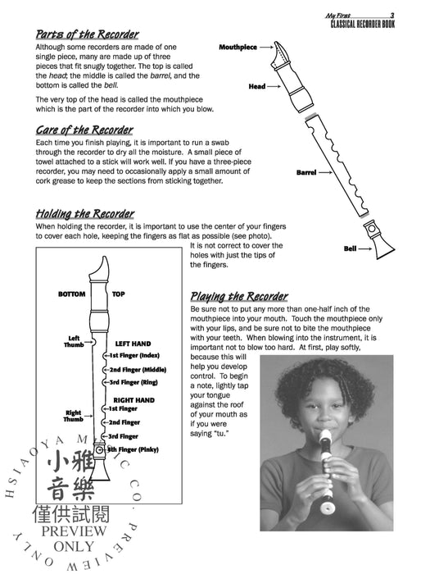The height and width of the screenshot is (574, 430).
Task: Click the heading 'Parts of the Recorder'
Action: tap(87, 34)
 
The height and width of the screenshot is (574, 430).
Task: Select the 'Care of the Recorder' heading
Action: tap(84, 130)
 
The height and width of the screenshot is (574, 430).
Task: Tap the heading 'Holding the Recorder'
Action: tap(85, 214)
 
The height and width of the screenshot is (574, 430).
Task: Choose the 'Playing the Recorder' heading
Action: tap(239, 297)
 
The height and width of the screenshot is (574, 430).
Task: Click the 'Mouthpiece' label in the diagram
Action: tap(238, 48)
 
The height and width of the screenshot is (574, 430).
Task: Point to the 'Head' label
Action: tap(257, 86)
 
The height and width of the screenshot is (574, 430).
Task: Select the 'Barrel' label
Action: tap(306, 172)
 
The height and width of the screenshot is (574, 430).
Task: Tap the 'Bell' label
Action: tap(350, 248)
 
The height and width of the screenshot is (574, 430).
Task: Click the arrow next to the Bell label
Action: tap(365, 249)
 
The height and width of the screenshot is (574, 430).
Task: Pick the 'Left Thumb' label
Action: tap(74, 342)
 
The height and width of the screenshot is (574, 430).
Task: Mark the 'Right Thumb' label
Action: tap(73, 416)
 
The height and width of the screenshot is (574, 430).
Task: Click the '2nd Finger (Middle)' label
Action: tap(138, 370)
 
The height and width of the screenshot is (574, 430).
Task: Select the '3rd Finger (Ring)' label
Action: tap(134, 383)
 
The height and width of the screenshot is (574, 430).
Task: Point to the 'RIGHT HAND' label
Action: tap(134, 400)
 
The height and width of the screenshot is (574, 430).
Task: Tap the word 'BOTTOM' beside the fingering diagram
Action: tap(72, 294)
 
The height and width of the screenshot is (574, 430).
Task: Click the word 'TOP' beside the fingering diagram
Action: tap(119, 294)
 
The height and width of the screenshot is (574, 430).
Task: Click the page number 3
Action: tap(392, 16)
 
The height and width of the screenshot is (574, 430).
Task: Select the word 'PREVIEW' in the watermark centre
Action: tap(74, 531)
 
